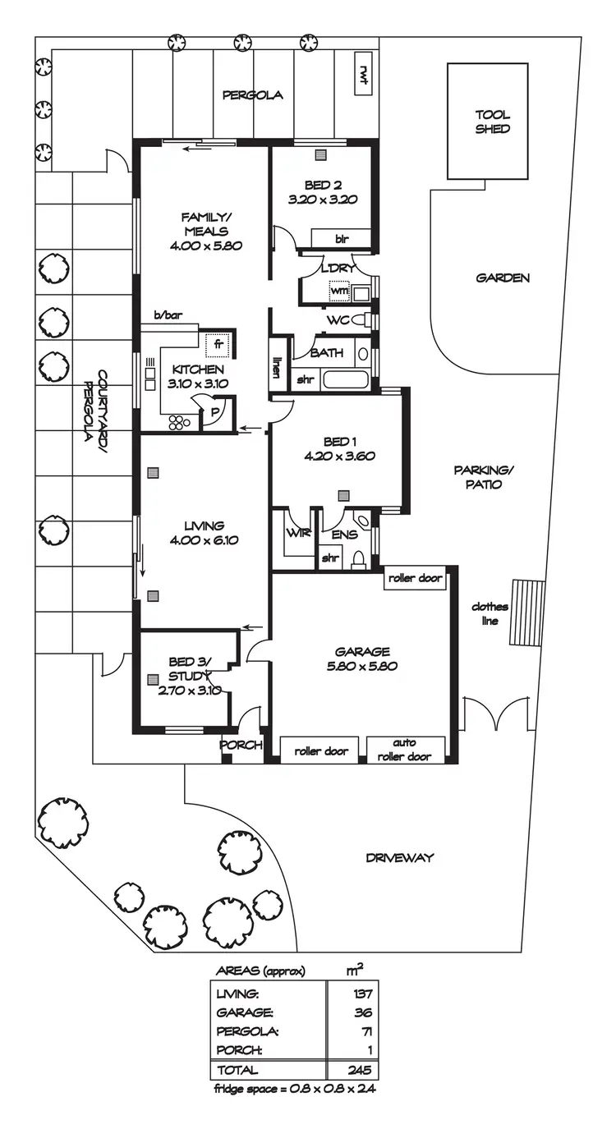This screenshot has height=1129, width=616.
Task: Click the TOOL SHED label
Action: pos(492,122)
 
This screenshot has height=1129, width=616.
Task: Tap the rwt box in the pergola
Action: pos(361,73)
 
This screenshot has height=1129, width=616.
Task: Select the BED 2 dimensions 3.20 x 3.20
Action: pos(323,199)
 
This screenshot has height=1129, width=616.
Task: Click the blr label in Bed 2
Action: pos(341,239)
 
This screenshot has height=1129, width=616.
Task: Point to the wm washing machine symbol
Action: pos(339,291)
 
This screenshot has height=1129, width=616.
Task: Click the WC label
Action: pos(338,320)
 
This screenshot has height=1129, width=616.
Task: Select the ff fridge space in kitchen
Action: pos(218,344)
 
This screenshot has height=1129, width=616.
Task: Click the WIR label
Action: pos(297,532)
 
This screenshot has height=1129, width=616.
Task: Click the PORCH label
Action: pos(241,746)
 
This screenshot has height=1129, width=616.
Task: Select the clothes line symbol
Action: pos(522,613)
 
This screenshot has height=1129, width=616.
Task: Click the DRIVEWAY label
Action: pos(399,858)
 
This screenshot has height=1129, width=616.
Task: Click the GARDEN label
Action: pos(503,278)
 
